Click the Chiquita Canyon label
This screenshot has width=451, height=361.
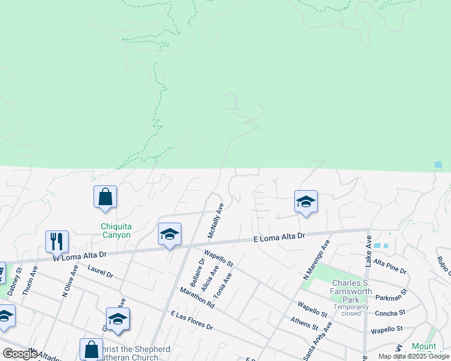pyautogui.click(x=115, y=230)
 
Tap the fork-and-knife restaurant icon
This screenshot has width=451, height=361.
pyautogui.click(x=57, y=241)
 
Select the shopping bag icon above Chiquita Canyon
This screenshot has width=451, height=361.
pyautogui.click(x=105, y=196)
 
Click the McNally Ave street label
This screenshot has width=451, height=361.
pyautogui.click(x=216, y=219)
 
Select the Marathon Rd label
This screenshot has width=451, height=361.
pyautogui.click(x=197, y=297)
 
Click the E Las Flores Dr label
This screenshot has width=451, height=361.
pyautogui.click(x=192, y=321)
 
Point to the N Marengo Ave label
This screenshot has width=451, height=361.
pyautogui.click(x=317, y=261)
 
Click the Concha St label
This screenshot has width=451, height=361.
pyautogui.click(x=390, y=313)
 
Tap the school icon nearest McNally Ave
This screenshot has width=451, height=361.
pyautogui.click(x=170, y=235)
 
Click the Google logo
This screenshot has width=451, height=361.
pyautogui.click(x=20, y=354)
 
